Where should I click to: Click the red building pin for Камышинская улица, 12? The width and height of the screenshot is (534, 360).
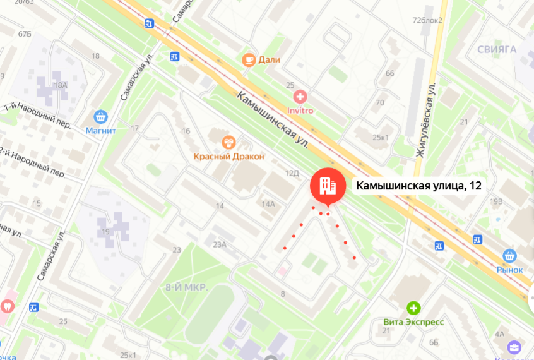327,186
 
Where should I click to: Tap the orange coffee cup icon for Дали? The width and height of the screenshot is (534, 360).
249,60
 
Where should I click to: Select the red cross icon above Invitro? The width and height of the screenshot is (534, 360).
301,97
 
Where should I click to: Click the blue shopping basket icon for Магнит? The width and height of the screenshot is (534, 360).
100,117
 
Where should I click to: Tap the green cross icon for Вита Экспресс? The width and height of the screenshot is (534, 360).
413,308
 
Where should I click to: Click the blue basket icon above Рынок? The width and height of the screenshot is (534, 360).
510,256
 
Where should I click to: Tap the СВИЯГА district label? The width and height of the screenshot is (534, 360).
497,49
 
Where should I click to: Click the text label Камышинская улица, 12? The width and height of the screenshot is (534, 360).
419,186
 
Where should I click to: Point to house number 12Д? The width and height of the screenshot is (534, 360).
291,172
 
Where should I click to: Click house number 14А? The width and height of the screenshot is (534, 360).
269,204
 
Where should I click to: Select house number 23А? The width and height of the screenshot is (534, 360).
220,244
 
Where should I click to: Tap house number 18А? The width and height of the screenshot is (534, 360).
61,85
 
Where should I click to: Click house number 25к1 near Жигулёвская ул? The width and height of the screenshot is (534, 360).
381,137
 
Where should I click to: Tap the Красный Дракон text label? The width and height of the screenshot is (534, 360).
228,156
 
